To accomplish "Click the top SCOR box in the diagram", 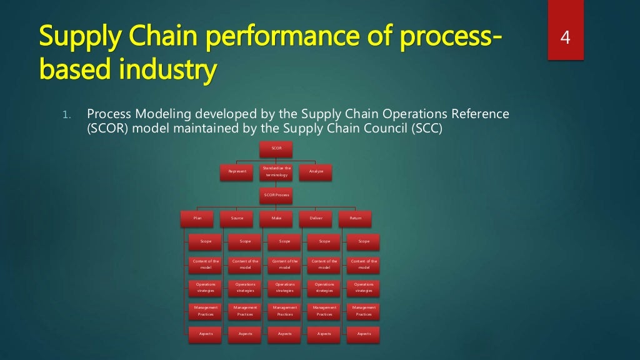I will coord(276,148).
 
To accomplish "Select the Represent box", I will coord(237,171).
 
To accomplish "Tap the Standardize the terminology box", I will coord(276,171).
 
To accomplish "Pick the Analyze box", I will coord(316,171).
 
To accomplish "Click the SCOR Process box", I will coord(276,195).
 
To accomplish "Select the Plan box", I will coord(197,218).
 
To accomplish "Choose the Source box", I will coord(237,218).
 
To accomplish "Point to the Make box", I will coord(276,218).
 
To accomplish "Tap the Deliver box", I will coord(316,218).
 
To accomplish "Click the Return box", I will coord(355,218).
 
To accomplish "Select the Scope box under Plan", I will coord(206,241).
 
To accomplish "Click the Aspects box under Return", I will coord(364,334).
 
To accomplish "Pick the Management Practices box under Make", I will coord(284,311).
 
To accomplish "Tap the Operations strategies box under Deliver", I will coord(324,287).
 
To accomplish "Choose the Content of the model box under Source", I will coord(245,264).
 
